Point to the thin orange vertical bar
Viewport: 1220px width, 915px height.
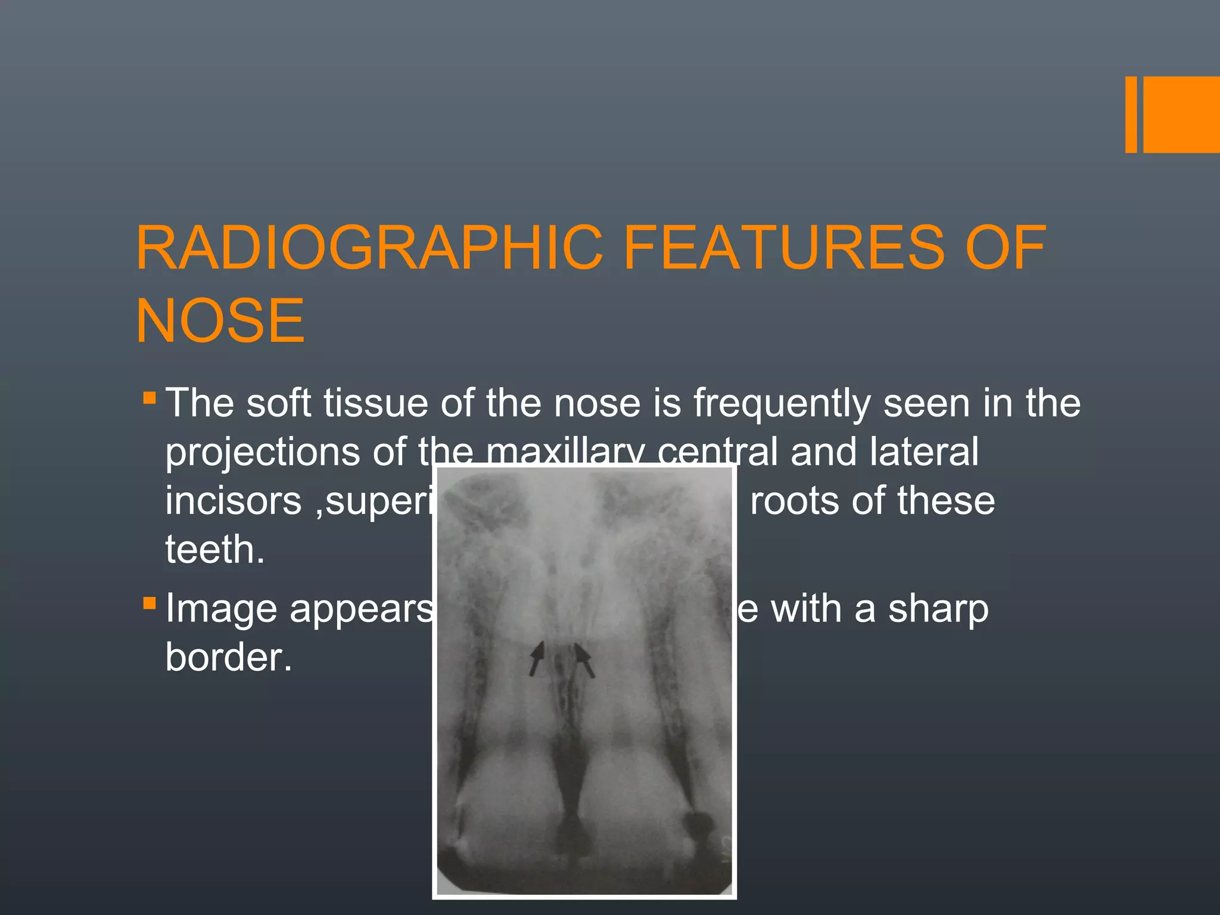click(1131, 114)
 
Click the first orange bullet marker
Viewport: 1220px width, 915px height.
click(150, 398)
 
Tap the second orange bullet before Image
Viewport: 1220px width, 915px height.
click(150, 604)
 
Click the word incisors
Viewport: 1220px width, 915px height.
click(234, 500)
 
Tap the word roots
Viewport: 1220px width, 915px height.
click(793, 500)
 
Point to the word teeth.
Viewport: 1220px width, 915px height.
click(214, 549)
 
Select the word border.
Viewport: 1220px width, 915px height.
click(229, 658)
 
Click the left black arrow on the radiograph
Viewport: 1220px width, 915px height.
click(537, 658)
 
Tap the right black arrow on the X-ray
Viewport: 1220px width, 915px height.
click(584, 659)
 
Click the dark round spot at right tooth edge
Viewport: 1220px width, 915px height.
click(697, 824)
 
